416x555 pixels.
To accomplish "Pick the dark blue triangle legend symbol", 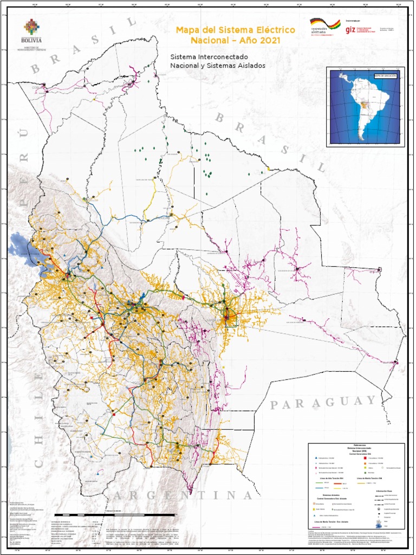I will pos(316,459).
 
